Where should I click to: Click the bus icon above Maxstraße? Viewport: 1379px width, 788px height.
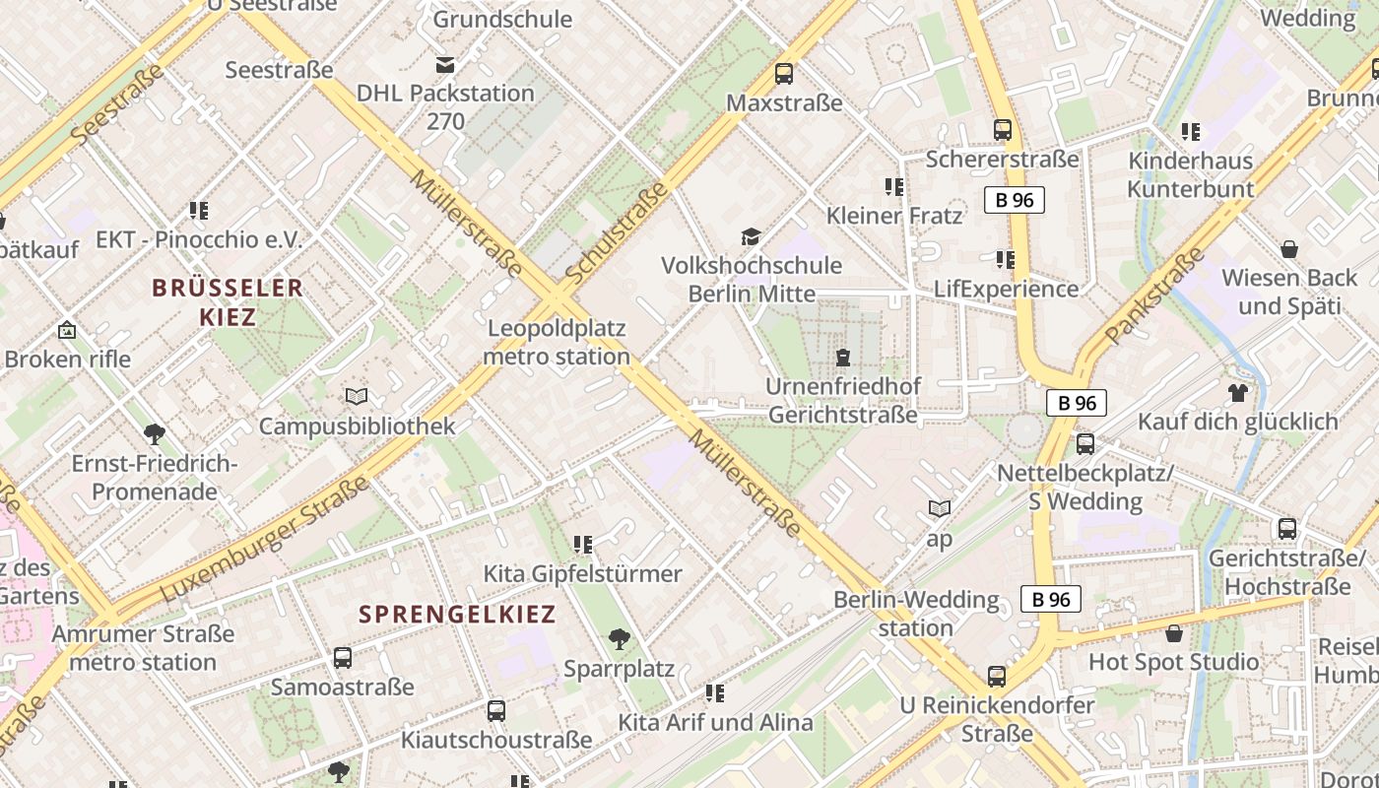pyautogui.click(x=784, y=73)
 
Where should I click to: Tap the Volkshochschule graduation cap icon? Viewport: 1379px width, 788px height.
pyautogui.click(x=751, y=236)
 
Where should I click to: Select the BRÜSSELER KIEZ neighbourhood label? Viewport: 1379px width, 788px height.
pyautogui.click(x=228, y=302)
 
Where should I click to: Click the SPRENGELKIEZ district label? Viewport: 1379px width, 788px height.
pyautogui.click(x=457, y=615)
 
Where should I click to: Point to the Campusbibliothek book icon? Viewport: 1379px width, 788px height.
pyautogui.click(x=357, y=396)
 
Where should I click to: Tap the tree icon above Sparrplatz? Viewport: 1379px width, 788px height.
pyautogui.click(x=620, y=639)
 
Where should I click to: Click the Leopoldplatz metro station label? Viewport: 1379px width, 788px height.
pyautogui.click(x=558, y=342)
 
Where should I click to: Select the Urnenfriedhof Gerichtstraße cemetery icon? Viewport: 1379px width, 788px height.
pyautogui.click(x=842, y=357)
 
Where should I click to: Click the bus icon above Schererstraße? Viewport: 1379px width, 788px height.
pyautogui.click(x=1003, y=129)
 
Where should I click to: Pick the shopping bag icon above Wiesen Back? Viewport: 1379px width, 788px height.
pyautogui.click(x=1288, y=249)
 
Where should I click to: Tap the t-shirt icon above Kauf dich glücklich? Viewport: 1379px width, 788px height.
pyautogui.click(x=1238, y=392)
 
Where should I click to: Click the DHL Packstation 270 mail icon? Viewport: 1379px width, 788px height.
pyautogui.click(x=445, y=65)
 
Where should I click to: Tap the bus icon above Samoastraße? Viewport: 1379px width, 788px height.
pyautogui.click(x=343, y=657)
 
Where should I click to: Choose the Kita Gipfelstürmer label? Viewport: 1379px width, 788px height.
pyautogui.click(x=582, y=573)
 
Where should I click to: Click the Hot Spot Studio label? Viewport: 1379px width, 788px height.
pyautogui.click(x=1173, y=662)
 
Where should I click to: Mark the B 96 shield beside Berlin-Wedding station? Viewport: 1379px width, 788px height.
pyautogui.click(x=1051, y=599)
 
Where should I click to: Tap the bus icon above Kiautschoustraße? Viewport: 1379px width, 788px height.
pyautogui.click(x=496, y=710)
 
